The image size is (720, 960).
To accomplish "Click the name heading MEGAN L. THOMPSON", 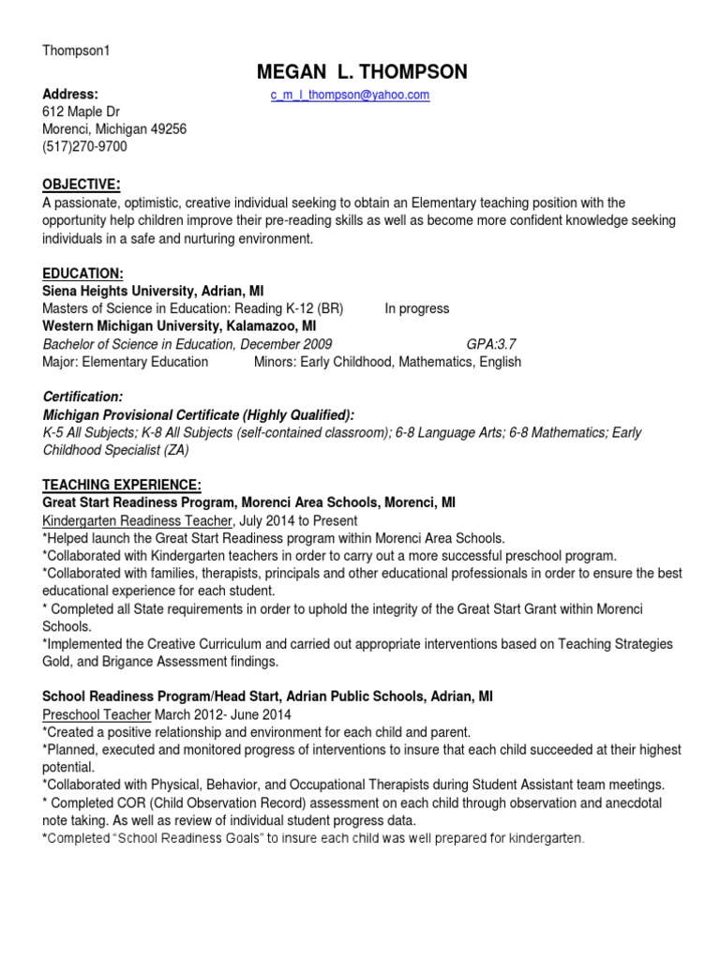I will pos(361,73).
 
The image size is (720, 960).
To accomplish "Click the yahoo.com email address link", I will pos(350,96).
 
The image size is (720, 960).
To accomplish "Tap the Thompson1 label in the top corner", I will pos(76,51).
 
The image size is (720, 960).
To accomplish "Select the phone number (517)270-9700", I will pos(84,146).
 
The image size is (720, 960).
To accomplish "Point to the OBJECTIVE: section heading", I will pos(81,183).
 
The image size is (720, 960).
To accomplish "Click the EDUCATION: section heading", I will pos(82,273).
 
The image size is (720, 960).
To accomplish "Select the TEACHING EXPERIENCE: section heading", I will pos(122,485).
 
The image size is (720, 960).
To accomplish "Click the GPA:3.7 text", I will pos(492,344).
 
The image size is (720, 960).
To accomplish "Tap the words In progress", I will pos(417,308).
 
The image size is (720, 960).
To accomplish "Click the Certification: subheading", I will pos(82,397).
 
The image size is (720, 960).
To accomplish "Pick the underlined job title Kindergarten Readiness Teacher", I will pos(137,520).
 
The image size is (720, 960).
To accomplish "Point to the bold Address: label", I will pos(70,95).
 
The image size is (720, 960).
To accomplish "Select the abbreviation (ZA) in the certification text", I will pos(174,450).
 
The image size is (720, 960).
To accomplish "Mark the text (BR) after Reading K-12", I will pos(330,308).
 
